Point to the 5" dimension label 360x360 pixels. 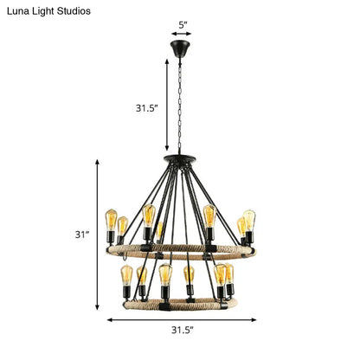point(182,24)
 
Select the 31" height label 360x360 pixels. point(82,234)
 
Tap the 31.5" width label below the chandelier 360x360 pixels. point(182,330)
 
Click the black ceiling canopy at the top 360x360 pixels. point(182,46)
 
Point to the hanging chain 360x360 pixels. point(182,104)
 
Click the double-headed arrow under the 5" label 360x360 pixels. point(182,35)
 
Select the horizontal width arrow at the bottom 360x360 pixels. point(180,318)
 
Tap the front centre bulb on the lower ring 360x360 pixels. point(165,277)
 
